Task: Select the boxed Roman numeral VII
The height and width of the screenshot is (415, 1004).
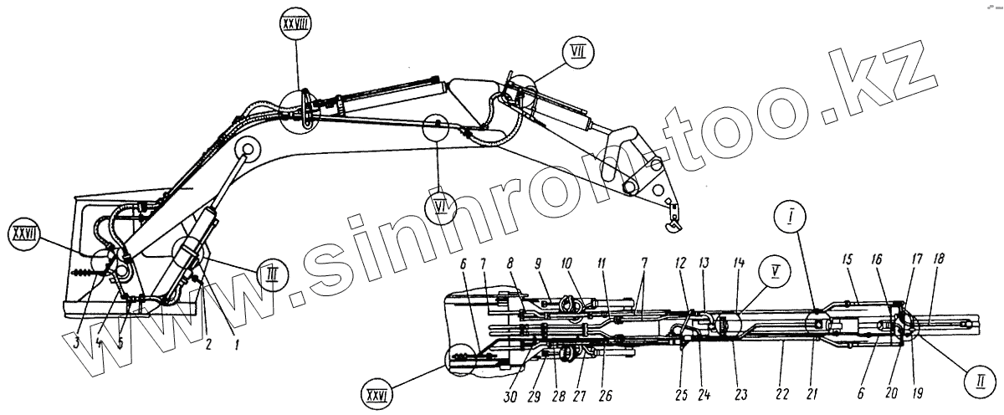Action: pyautogui.click(x=576, y=53)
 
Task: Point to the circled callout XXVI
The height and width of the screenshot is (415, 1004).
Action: pyautogui.click(x=377, y=391)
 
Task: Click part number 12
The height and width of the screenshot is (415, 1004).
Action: pyautogui.click(x=683, y=261)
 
